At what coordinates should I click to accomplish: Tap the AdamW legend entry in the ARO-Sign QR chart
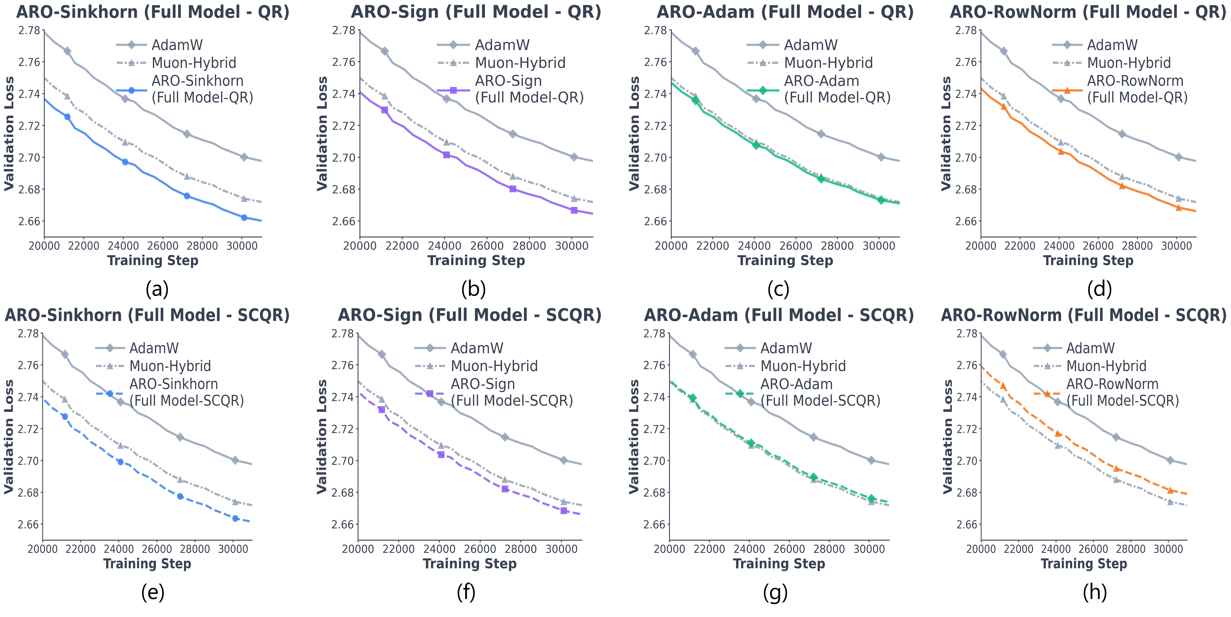502,45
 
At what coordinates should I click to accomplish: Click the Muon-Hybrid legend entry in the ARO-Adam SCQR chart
803,366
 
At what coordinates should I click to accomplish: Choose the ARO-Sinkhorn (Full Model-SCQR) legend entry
186,392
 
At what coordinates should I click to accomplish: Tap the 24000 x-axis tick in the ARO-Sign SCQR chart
440,549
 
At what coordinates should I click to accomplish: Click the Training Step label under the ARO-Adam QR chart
785,260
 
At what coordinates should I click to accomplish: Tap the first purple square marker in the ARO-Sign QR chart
385,110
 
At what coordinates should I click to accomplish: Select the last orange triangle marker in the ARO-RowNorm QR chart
1178,207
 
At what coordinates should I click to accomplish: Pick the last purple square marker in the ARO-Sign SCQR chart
564,511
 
